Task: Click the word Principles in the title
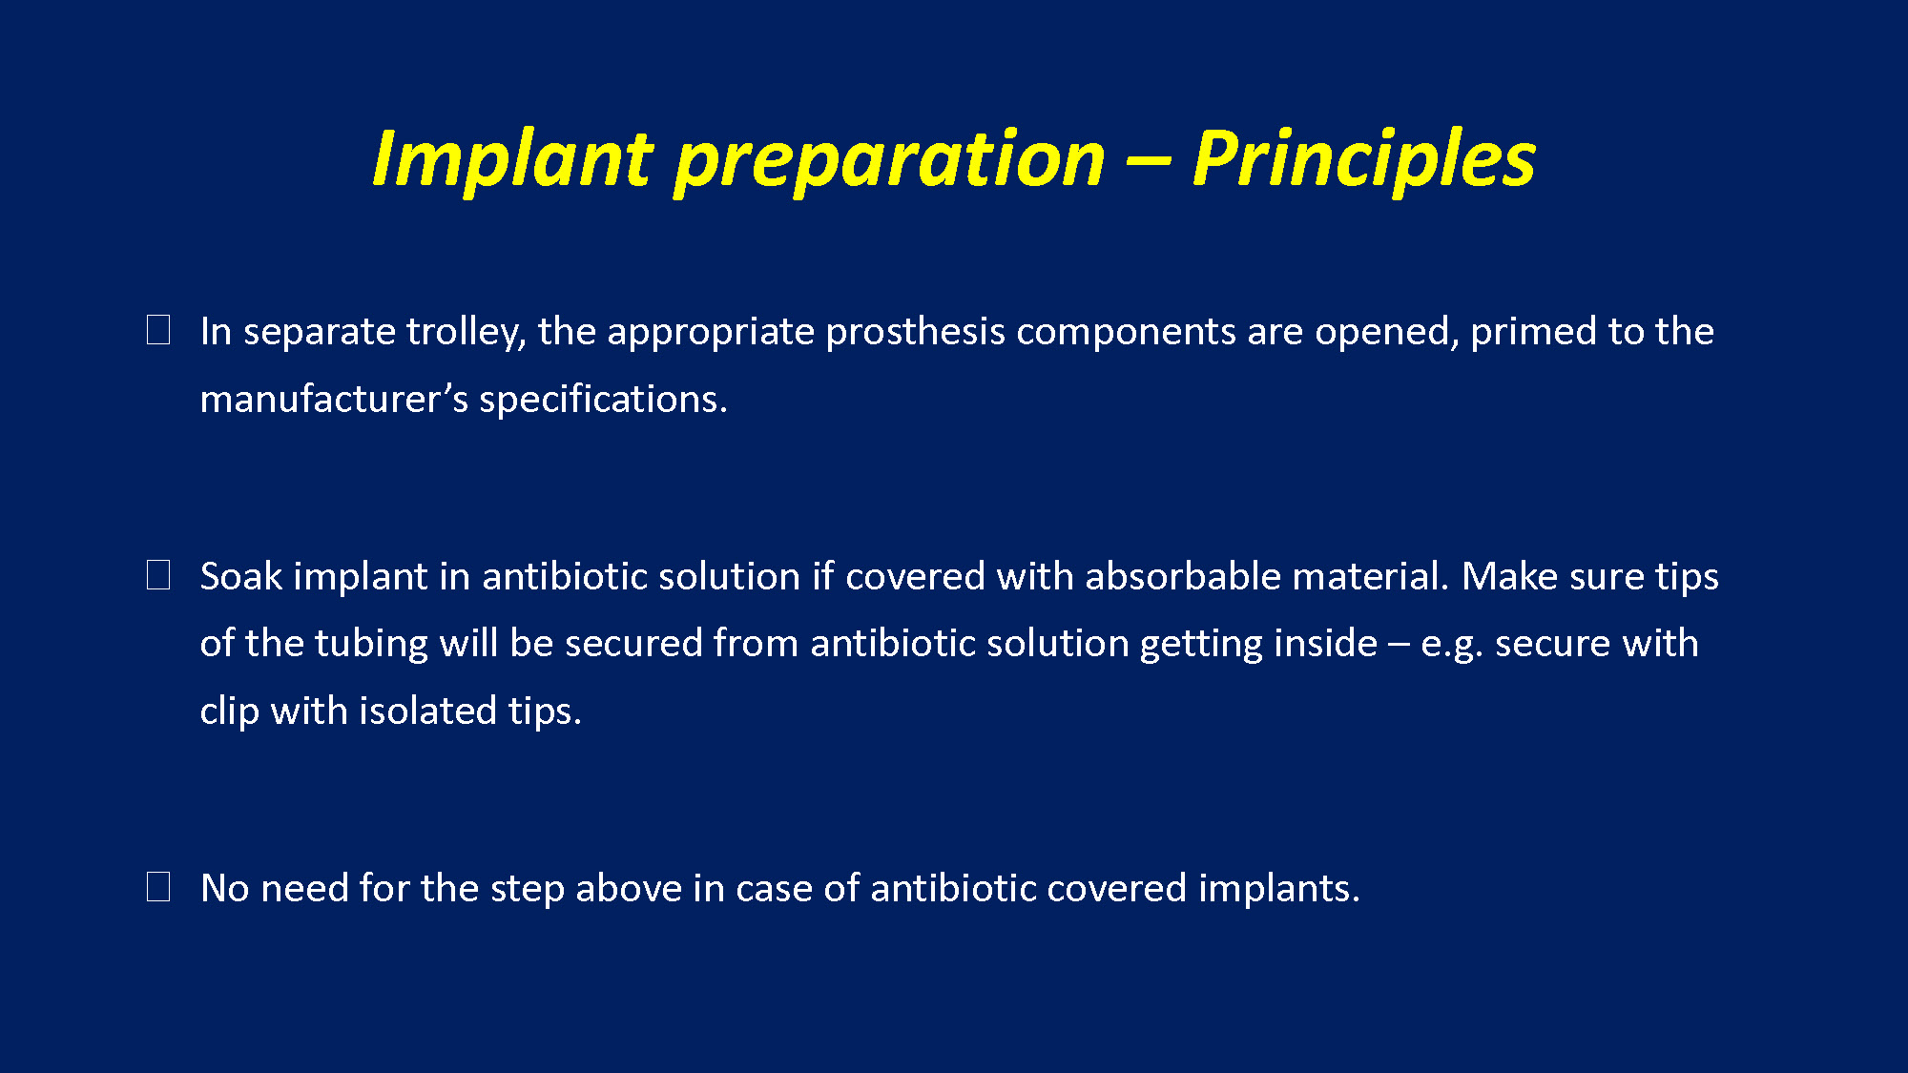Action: click(1363, 159)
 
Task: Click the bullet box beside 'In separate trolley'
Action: click(158, 330)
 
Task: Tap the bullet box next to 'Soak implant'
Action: click(158, 575)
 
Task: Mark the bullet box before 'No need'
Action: click(158, 887)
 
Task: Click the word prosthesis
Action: click(915, 333)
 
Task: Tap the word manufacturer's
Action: click(334, 399)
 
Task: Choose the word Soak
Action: click(241, 576)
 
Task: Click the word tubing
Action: click(371, 645)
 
